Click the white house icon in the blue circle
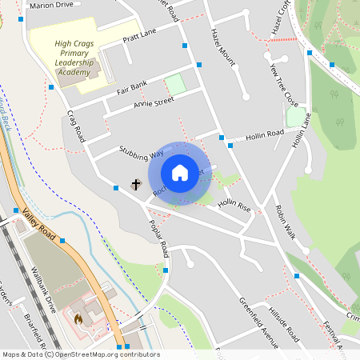180,173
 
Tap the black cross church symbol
136,185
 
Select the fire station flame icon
78,319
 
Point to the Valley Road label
38,224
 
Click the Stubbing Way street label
141,150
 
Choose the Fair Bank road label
132,86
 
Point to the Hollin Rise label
234,206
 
